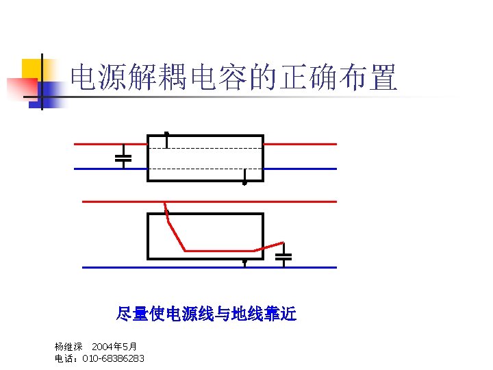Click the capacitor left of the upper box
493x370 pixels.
pos(123,157)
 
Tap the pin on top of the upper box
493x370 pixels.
pos(166,134)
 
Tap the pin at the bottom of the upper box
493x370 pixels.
pos(244,182)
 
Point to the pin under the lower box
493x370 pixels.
pos(244,262)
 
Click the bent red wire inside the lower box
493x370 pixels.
pos(219,251)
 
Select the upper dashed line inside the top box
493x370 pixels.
pos(205,148)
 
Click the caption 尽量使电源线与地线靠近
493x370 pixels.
pos(206,314)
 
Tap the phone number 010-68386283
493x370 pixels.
pos(113,358)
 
